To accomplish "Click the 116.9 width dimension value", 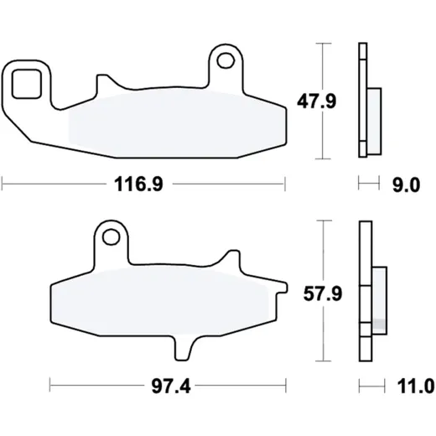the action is click(x=138, y=184).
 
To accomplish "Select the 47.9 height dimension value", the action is click(x=317, y=101).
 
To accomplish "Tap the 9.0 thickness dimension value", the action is click(x=407, y=185).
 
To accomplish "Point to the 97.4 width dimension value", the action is click(x=171, y=387).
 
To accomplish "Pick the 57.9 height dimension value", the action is click(x=323, y=293).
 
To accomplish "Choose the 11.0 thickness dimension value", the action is click(x=416, y=387).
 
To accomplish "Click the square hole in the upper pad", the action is click(x=27, y=84).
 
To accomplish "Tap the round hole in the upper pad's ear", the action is click(x=226, y=60).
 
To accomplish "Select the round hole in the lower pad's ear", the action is click(x=112, y=237).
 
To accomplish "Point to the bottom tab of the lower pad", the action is click(x=184, y=348).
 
